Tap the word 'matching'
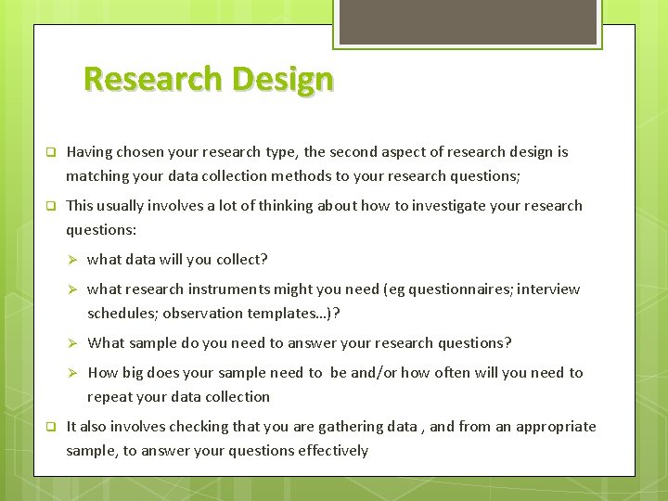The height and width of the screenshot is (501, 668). [x=97, y=176]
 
